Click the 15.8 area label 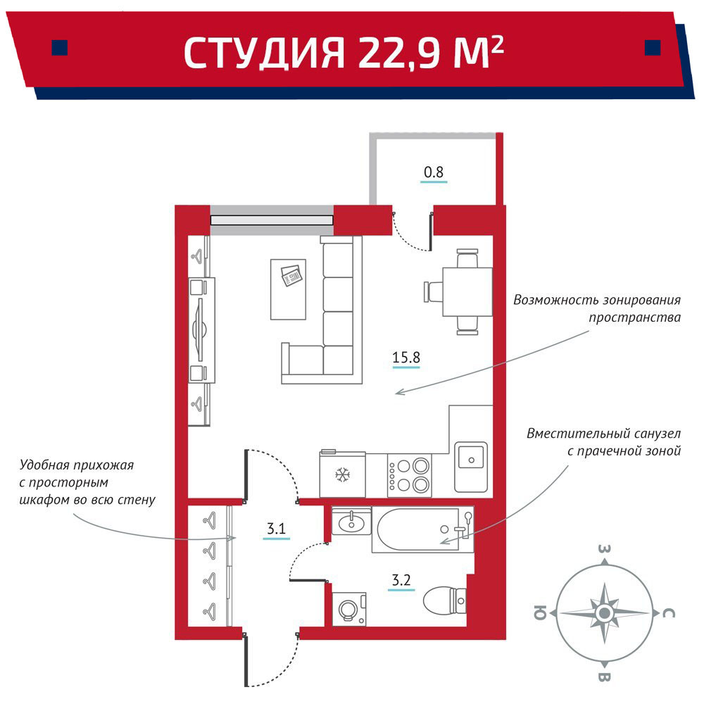click(x=406, y=358)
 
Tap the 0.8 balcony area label click(x=433, y=172)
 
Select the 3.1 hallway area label click(x=276, y=528)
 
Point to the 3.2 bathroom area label click(x=401, y=580)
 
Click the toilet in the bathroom click(x=444, y=601)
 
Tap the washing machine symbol click(x=349, y=609)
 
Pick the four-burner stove click(x=410, y=475)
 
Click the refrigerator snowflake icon click(x=343, y=474)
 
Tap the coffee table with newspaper click(x=288, y=289)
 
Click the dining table click(x=467, y=292)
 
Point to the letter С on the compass click(x=669, y=613)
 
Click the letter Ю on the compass click(x=540, y=612)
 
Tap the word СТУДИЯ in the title click(x=264, y=53)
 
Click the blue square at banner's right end click(x=653, y=48)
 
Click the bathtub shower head click(x=469, y=517)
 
